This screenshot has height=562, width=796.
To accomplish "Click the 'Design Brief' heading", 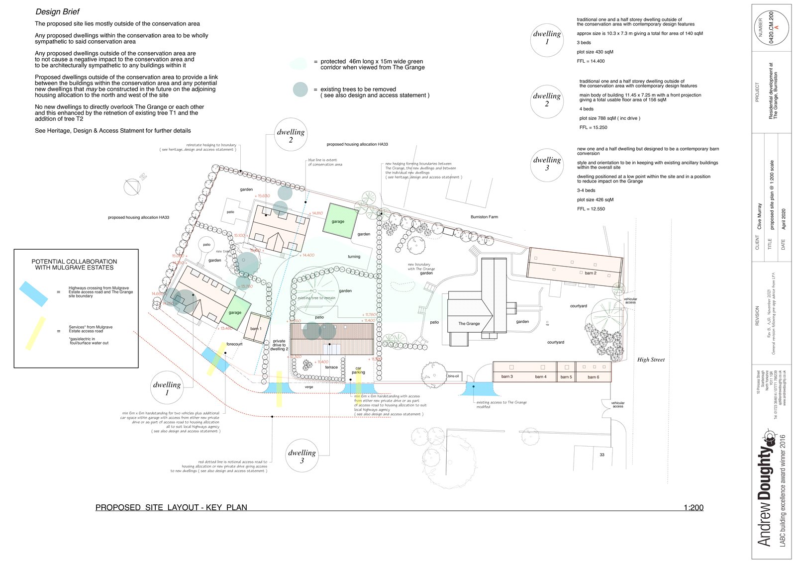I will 57,11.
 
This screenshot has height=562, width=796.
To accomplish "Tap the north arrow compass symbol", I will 132,187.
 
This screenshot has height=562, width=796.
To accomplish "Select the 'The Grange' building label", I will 469,323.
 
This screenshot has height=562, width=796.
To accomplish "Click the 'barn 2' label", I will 590,273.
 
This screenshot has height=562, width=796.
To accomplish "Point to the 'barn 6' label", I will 593,377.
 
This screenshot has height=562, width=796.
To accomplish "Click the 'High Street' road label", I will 651,360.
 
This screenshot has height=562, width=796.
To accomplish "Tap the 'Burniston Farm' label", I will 484,217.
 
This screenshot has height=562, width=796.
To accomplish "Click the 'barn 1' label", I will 256,329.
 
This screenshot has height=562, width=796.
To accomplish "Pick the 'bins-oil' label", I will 453,376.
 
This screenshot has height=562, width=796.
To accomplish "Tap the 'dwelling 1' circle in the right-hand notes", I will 547,38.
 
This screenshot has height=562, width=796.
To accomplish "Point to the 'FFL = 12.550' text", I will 591,209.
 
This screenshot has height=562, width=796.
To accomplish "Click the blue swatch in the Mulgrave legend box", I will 34,293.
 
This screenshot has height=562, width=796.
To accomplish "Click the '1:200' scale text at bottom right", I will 693,507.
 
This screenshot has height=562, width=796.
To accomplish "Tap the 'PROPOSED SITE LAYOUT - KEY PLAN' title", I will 171,507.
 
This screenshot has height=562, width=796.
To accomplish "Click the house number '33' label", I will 602,455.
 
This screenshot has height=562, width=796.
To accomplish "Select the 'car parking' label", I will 358,371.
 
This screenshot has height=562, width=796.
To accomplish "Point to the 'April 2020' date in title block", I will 784,219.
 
